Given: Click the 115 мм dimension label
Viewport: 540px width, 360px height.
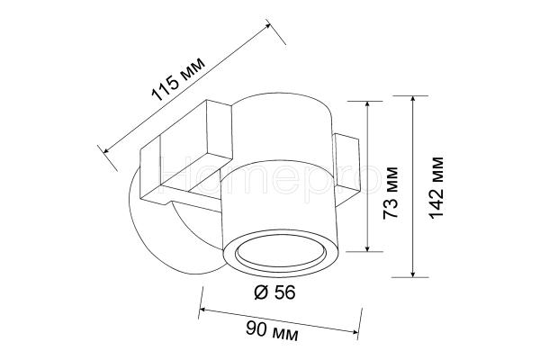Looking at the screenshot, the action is click(x=178, y=79).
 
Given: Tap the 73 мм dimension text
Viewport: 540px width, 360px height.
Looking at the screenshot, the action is click(x=391, y=193).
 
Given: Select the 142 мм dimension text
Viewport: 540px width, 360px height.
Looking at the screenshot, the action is click(x=436, y=188).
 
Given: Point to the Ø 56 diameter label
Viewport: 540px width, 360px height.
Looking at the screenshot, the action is click(x=274, y=292).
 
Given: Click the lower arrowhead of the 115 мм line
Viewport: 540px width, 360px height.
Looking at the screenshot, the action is click(x=106, y=150).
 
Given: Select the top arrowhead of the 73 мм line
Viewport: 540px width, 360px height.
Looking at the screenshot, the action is click(x=368, y=104).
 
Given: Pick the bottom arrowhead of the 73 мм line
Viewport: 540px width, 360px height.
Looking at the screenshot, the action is click(x=368, y=247).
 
